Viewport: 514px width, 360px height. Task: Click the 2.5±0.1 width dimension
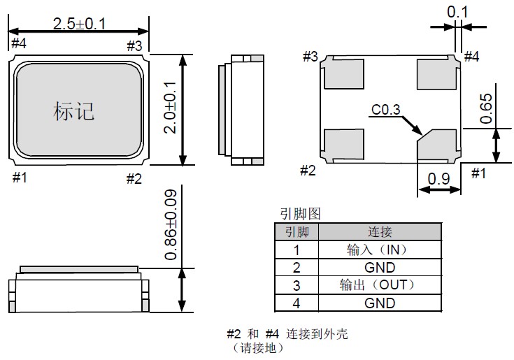click(78, 23)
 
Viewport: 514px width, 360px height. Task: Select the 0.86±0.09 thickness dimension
click(170, 224)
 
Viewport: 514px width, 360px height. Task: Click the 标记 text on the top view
click(73, 110)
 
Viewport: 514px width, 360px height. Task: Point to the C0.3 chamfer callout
click(386, 110)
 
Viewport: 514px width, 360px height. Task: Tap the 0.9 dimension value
click(438, 178)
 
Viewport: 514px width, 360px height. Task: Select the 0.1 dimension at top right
click(457, 11)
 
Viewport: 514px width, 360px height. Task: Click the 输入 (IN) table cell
click(380, 250)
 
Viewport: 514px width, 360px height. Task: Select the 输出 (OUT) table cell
click(380, 285)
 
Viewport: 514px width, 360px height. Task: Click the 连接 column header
click(380, 231)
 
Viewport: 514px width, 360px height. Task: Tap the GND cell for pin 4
click(380, 303)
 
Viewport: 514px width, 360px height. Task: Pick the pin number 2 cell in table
click(297, 267)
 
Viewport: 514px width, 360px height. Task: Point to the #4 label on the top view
click(18, 44)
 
